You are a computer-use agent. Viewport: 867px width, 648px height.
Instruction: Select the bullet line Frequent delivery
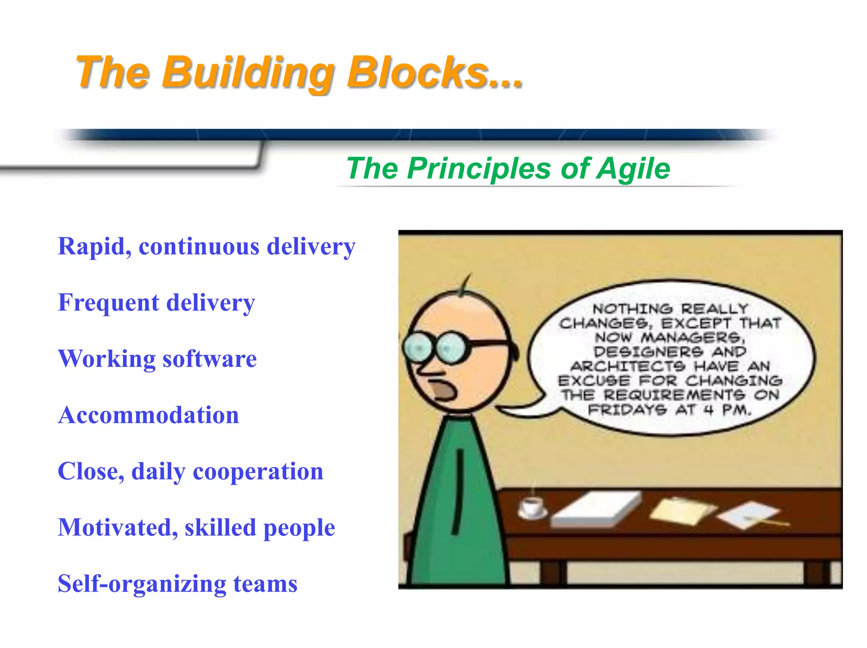156,303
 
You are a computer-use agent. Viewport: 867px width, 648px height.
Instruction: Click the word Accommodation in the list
148,415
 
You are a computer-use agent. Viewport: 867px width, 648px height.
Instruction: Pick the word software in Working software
210,359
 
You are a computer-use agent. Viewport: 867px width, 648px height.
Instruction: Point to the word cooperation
258,472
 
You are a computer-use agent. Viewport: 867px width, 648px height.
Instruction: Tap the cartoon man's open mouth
443,390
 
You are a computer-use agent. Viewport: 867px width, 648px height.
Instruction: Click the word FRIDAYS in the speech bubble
627,410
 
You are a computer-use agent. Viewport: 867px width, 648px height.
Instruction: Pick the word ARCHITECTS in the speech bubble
628,366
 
